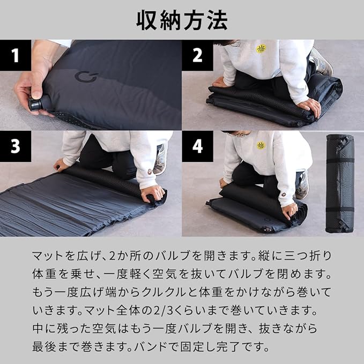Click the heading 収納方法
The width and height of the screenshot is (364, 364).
(x=182, y=20)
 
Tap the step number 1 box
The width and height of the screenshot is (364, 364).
(x=16, y=55)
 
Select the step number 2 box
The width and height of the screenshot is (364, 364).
(x=197, y=55)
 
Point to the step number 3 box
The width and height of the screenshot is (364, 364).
(x=16, y=146)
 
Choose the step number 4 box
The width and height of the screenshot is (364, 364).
(x=197, y=146)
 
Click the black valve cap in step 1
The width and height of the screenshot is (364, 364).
(x=35, y=105)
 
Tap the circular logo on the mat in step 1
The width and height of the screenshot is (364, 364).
(x=86, y=77)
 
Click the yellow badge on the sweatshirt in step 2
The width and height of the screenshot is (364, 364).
(x=261, y=49)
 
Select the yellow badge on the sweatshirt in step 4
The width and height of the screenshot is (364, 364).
(x=261, y=146)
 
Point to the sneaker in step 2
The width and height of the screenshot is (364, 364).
(x=321, y=61)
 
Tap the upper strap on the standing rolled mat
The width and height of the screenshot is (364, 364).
(x=340, y=161)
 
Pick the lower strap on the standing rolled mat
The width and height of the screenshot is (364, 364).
(x=340, y=209)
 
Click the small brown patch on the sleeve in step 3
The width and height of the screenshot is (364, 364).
(x=150, y=172)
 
